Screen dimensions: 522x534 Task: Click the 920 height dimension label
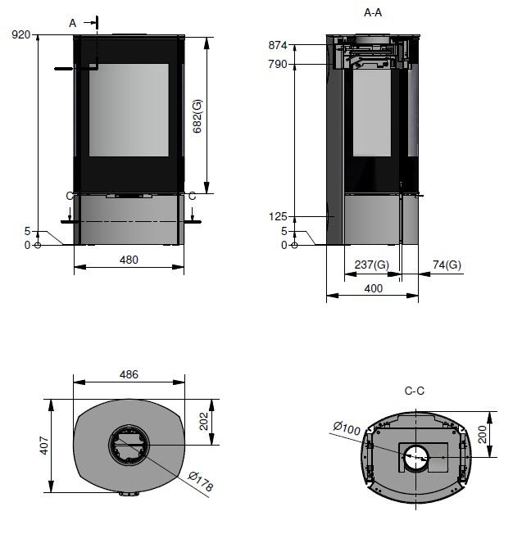tap(20, 34)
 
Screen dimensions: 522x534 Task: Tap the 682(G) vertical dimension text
tap(197, 116)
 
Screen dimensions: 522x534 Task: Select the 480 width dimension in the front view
tap(129, 260)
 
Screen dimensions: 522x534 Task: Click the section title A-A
tap(373, 13)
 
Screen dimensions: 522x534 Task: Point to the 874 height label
tap(278, 45)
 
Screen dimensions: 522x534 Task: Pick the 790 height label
tap(278, 64)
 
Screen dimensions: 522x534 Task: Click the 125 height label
tap(278, 216)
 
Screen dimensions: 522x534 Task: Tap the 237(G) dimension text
tap(372, 265)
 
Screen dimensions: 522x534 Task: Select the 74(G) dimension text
tap(447, 265)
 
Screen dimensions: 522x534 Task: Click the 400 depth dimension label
tap(374, 289)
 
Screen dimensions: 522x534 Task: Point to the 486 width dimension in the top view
tap(129, 374)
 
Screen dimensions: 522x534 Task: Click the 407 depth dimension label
tap(44, 446)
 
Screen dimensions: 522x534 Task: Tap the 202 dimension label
tap(203, 421)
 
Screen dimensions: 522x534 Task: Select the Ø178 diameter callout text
tap(201, 482)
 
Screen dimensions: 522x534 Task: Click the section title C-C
tap(415, 391)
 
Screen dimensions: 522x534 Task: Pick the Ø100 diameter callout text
tap(347, 428)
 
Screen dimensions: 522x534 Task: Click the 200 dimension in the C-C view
tap(482, 434)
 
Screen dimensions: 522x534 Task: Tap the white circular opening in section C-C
tap(416, 457)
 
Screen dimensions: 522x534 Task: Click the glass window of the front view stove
tap(129, 110)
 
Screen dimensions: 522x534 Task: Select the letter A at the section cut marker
tap(73, 23)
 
